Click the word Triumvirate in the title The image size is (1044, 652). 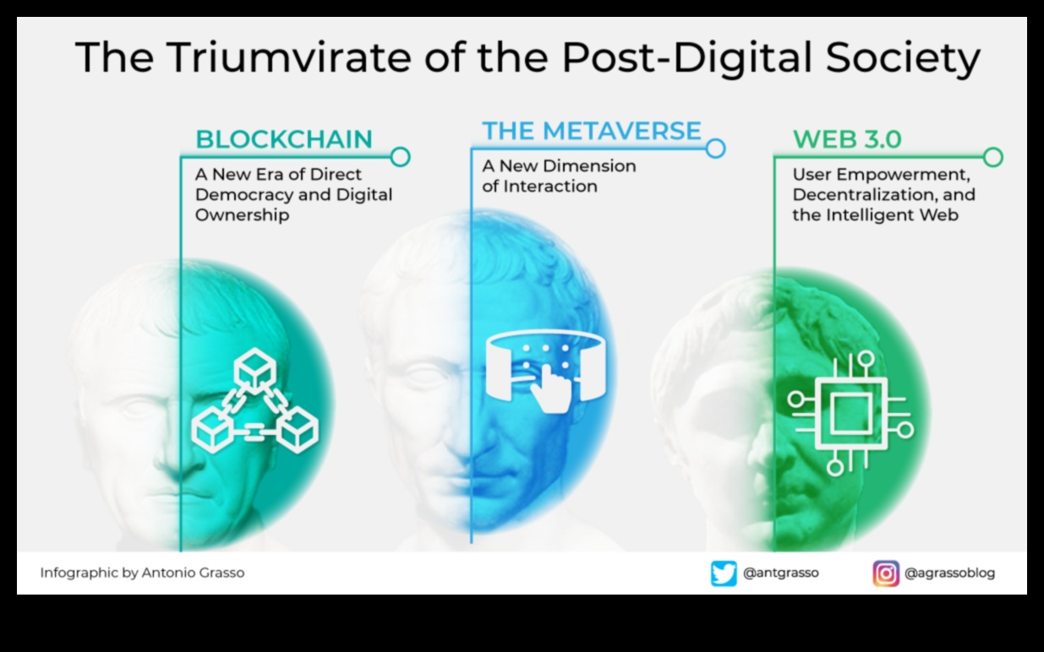pyautogui.click(x=289, y=57)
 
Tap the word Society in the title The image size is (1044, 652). pyautogui.click(x=903, y=60)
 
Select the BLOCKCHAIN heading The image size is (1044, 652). pyautogui.click(x=284, y=139)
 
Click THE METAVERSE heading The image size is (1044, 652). pyautogui.click(x=592, y=130)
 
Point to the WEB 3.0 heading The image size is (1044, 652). pyautogui.click(x=847, y=139)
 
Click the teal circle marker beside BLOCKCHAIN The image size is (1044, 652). pyautogui.click(x=401, y=156)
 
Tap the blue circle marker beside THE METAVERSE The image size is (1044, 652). pyautogui.click(x=715, y=149)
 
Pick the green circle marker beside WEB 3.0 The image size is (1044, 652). pyautogui.click(x=993, y=157)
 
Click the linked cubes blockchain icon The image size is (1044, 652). pyautogui.click(x=255, y=400)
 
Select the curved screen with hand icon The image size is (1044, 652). pyautogui.click(x=546, y=371)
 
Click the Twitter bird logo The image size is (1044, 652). pyautogui.click(x=724, y=573)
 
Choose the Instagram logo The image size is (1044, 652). pyautogui.click(x=886, y=573)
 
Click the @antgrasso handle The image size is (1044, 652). pyautogui.click(x=780, y=573)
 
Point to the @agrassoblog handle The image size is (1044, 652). pyautogui.click(x=949, y=573)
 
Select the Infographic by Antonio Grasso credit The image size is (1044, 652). pyautogui.click(x=142, y=573)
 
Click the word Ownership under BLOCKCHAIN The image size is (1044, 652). pyautogui.click(x=242, y=215)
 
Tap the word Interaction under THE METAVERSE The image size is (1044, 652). pyautogui.click(x=550, y=187)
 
